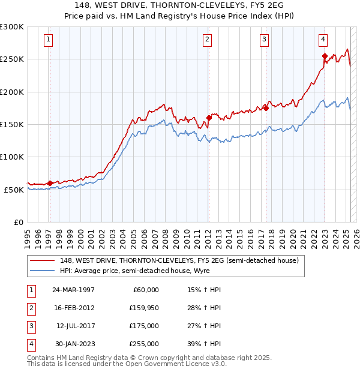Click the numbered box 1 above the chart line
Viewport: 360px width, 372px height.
tap(49, 40)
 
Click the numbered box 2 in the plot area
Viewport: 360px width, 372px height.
tap(207, 40)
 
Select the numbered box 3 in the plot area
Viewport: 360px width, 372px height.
tap(265, 40)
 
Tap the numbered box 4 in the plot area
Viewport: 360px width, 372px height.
tap(323, 40)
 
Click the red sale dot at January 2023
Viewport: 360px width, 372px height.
tap(325, 56)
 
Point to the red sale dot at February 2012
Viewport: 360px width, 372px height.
tap(209, 118)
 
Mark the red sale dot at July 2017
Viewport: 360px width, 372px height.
tap(266, 108)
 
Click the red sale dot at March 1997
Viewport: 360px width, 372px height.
tap(50, 183)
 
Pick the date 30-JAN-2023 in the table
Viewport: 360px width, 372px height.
tap(73, 344)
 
